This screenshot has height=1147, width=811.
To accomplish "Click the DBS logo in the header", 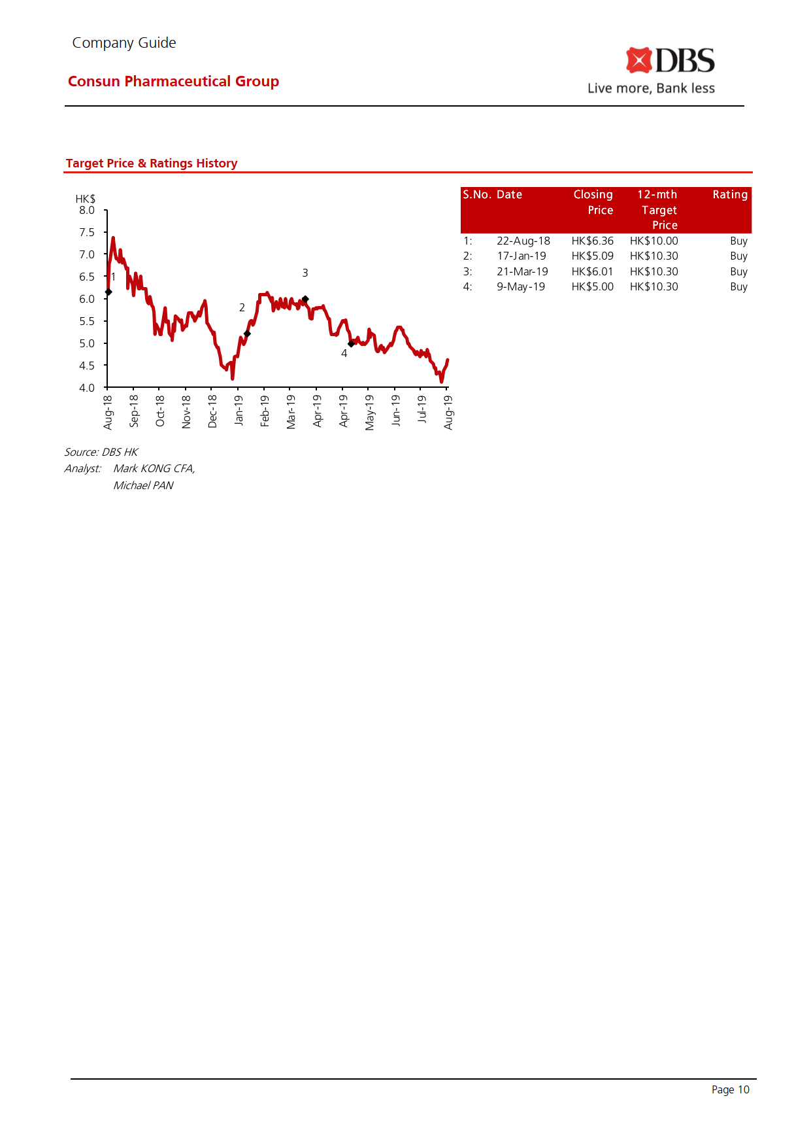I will (670, 61).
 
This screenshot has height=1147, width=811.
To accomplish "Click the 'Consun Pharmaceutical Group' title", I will (173, 81).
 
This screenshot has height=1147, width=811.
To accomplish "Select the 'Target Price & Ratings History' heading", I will (152, 163).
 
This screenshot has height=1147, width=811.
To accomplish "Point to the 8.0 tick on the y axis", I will (87, 211).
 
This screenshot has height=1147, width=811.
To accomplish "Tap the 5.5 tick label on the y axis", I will (87, 322).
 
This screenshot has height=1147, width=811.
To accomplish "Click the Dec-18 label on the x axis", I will (212, 411).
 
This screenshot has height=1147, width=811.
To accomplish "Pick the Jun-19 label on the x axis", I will (396, 410).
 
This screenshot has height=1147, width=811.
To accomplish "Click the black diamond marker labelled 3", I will (305, 300).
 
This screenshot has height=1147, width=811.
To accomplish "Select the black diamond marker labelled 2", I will (247, 334).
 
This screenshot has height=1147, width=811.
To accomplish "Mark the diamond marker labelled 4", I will (351, 344).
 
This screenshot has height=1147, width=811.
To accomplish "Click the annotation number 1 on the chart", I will (113, 277).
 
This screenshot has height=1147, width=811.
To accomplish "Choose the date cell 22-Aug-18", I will (523, 241).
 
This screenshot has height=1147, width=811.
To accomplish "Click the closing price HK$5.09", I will (592, 256).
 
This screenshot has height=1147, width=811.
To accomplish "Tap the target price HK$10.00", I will (654, 241).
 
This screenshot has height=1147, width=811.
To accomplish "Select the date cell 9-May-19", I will (520, 287).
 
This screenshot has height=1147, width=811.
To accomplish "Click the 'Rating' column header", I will (730, 195).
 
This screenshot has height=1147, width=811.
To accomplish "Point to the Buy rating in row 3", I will (738, 272).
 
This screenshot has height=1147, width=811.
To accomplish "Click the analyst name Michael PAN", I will (143, 486).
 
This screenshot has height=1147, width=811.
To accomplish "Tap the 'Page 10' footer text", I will (730, 1089).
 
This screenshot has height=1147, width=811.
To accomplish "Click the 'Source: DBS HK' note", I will (101, 453).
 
